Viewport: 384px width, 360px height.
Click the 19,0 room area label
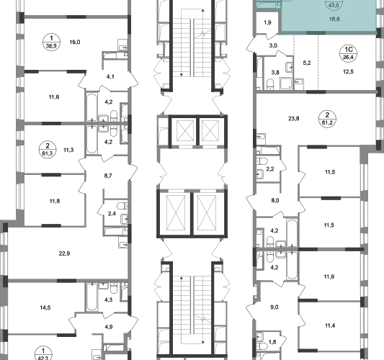point(75,42)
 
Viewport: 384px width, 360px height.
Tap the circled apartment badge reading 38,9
point(51,42)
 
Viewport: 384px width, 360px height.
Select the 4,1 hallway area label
point(110,76)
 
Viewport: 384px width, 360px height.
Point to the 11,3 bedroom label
point(68,150)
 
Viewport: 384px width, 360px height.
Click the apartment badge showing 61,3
point(48,150)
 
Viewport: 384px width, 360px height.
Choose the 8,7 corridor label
point(108,176)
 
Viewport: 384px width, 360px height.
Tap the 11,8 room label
point(55,201)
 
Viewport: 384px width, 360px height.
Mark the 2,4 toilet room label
point(112,214)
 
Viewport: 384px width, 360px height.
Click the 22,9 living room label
point(64,253)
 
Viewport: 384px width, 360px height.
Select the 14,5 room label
point(45,307)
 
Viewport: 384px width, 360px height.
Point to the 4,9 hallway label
point(109,327)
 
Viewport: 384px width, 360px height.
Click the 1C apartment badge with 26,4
point(348,53)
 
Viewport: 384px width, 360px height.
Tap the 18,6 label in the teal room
point(334,19)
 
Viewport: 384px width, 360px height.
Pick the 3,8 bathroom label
point(275,73)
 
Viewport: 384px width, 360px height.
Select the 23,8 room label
point(294,119)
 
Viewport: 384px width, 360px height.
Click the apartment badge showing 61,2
point(327,119)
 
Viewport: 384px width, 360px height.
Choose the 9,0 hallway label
point(274,307)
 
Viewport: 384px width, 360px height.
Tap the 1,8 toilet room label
point(272,342)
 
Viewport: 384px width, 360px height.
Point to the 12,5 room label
point(348,72)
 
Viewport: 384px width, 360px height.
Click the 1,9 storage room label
point(267,22)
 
